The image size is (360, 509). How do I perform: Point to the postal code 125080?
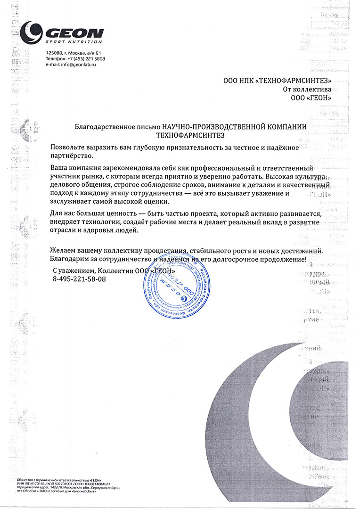click(x=54, y=53)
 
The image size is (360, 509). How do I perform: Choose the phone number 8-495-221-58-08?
click(x=80, y=279)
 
